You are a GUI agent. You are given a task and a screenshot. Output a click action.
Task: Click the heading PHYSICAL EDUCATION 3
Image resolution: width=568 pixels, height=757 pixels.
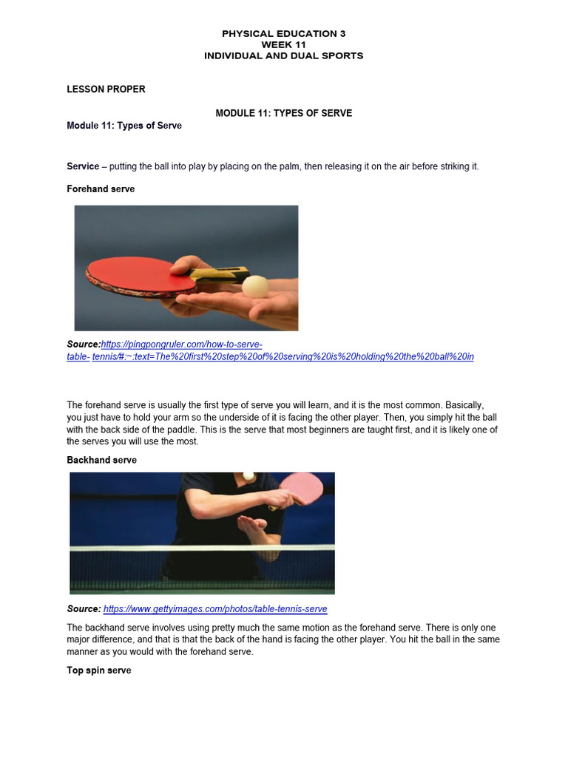(x=283, y=34)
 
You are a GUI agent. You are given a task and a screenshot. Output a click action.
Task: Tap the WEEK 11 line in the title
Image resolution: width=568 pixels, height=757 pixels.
(x=283, y=45)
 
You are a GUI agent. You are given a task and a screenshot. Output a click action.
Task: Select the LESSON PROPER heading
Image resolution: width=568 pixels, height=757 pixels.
(x=106, y=89)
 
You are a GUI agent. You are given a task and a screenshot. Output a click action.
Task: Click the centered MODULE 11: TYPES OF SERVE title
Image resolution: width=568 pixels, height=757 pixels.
(x=283, y=113)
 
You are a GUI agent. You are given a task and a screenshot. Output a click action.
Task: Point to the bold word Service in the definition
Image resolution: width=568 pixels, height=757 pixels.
(x=83, y=166)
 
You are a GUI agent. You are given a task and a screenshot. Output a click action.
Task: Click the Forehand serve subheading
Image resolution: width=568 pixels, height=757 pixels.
(x=101, y=189)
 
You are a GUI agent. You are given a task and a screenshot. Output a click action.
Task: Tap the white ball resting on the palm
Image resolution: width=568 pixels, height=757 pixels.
(x=255, y=287)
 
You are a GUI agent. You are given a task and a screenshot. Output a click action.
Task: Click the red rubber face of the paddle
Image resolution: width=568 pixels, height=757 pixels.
(x=140, y=274)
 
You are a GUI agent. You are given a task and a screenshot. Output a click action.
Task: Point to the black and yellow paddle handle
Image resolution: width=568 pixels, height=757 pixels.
(x=220, y=274)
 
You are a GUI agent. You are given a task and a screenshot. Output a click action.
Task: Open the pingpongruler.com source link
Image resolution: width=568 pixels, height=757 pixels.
(x=270, y=350)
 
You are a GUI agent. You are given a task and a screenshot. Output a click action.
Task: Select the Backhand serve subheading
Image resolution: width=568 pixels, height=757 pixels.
(x=101, y=460)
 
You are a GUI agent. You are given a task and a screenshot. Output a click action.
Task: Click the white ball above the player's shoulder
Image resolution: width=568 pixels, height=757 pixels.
(x=248, y=476)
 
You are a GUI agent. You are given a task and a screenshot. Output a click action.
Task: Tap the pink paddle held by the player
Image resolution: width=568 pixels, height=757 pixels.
(x=302, y=489)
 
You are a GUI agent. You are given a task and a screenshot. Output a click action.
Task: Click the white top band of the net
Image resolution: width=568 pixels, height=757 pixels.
(x=202, y=548)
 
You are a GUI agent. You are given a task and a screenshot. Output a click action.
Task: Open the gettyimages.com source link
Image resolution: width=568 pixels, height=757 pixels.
(x=215, y=609)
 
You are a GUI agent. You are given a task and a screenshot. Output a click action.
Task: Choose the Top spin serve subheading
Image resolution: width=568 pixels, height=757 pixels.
(x=99, y=671)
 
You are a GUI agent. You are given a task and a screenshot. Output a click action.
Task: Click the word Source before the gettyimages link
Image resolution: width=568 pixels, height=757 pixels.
(x=84, y=609)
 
